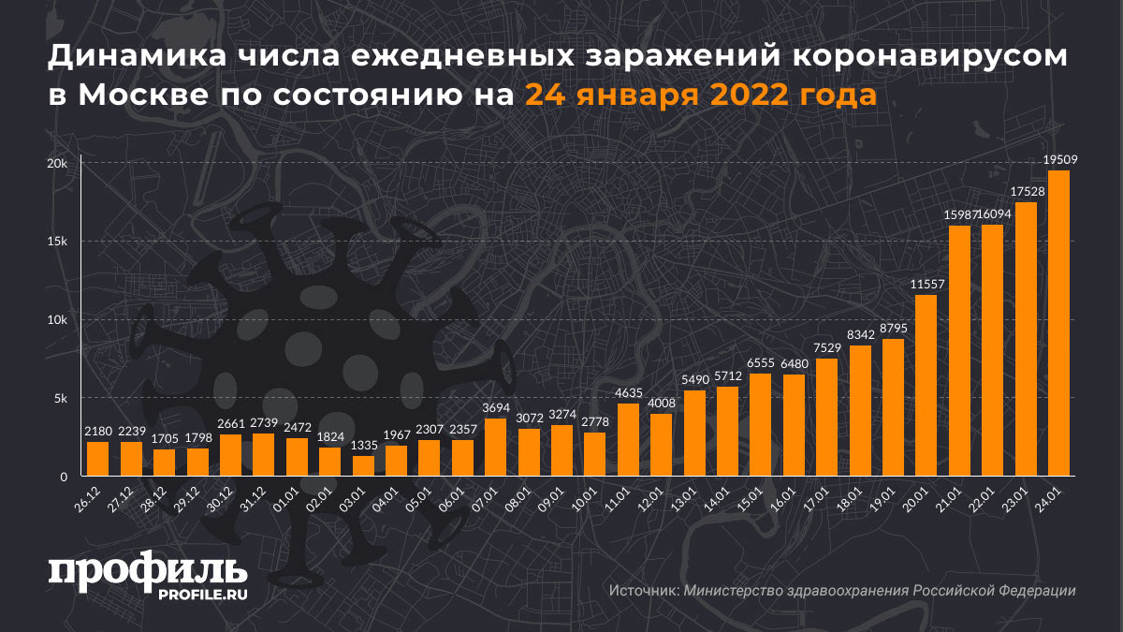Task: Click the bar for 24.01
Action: (x=1058, y=324)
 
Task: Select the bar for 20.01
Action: (x=926, y=386)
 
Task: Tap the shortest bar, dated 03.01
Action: (x=363, y=466)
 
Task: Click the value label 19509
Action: (x=1058, y=160)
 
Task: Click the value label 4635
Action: (x=629, y=393)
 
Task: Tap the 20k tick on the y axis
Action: (x=58, y=163)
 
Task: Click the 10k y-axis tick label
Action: (x=58, y=320)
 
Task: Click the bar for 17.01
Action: (x=826, y=418)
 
